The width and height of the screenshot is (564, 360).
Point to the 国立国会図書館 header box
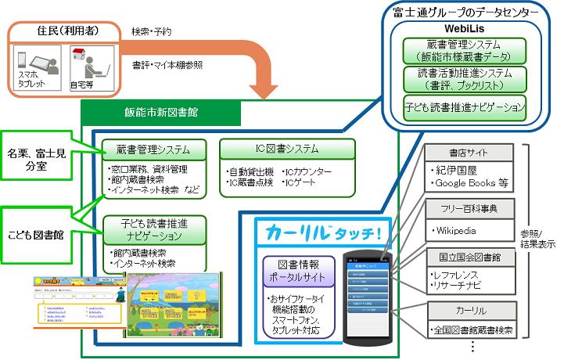(x=470, y=256)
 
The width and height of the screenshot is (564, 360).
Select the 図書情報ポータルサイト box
(x=298, y=271)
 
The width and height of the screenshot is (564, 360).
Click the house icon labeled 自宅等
(x=80, y=58)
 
